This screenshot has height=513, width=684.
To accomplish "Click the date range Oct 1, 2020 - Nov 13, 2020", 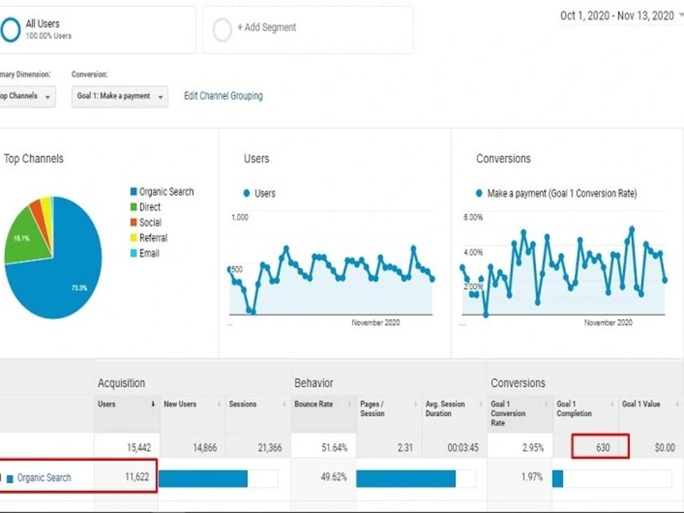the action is [617, 16].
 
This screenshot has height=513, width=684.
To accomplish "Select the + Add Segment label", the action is [267, 27].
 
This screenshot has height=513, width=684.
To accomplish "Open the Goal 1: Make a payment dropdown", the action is [120, 96].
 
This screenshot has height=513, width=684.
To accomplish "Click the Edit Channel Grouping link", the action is [224, 96].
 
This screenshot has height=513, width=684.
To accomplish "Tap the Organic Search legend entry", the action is [162, 192].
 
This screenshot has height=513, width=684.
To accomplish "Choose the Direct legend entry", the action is [146, 207].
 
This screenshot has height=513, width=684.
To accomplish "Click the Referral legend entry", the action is [148, 238].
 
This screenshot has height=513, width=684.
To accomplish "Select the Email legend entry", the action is [145, 253].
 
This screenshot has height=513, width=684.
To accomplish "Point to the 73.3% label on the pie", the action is [79, 288].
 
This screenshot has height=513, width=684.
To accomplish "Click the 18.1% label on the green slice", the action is [21, 238].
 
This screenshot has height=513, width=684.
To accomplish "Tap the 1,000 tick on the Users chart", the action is [239, 218].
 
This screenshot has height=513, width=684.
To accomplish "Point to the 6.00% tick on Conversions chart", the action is [473, 218].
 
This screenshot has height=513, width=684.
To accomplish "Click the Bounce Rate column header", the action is [314, 404].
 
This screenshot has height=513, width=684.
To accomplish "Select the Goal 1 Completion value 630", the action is [603, 447].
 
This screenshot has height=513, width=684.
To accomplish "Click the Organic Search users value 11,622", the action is [137, 477].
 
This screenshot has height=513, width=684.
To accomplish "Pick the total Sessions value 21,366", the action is [269, 447].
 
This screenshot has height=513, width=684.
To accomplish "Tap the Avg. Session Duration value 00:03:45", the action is [463, 447].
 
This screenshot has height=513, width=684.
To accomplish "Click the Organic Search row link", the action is [44, 477].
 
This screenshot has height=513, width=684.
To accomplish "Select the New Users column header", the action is [180, 404].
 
